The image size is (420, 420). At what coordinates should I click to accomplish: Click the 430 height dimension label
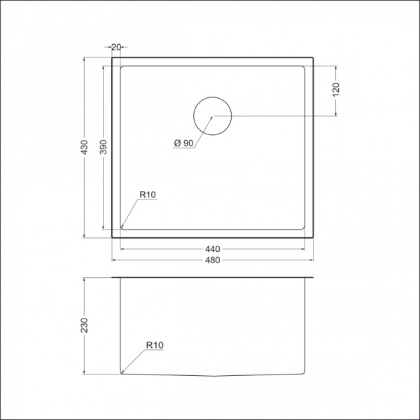tap(84, 148)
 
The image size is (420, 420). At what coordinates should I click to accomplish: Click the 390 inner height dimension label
tap(103, 147)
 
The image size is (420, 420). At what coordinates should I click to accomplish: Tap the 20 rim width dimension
tap(116, 47)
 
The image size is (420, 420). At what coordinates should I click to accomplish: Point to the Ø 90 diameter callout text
tap(183, 143)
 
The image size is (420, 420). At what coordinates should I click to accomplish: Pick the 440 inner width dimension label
tap(213, 249)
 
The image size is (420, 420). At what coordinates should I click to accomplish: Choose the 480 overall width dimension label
tap(213, 260)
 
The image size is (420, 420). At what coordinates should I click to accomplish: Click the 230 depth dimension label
tap(84, 325)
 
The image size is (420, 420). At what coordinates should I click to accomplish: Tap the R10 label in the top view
tap(146, 195)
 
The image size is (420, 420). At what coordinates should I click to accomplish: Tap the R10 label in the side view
tap(155, 345)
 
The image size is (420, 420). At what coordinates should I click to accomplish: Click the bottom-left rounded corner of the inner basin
tap(123, 227)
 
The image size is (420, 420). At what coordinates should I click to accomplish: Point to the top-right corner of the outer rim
tap(313, 58)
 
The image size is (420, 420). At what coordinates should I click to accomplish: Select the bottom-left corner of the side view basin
tap(122, 372)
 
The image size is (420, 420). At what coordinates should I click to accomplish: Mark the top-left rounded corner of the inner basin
tap(124, 69)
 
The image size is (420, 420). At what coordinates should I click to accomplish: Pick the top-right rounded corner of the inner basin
tap(304, 69)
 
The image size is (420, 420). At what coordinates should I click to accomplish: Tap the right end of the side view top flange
tap(313, 278)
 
